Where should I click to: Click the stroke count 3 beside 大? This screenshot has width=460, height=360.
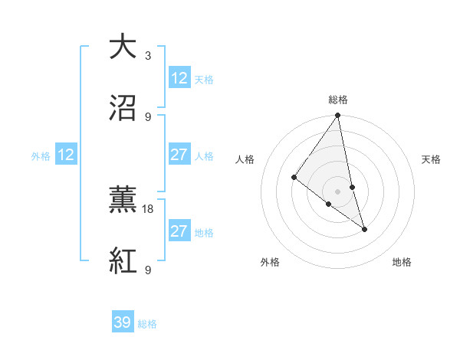pyautogui.click(x=148, y=55)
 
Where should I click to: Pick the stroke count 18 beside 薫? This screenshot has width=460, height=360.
pyautogui.click(x=149, y=208)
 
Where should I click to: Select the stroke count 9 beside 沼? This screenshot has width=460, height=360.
pyautogui.click(x=148, y=116)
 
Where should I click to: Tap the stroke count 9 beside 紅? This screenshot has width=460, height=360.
pyautogui.click(x=148, y=270)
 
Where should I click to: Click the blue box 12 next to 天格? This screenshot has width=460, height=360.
pyautogui.click(x=179, y=78)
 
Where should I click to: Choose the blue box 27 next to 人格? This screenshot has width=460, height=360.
pyautogui.click(x=179, y=155)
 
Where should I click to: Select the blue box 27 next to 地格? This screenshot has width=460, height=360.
pyautogui.click(x=179, y=231)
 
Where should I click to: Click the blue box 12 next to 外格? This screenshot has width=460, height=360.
pyautogui.click(x=66, y=155)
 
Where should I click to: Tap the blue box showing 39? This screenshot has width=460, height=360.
pyautogui.click(x=123, y=322)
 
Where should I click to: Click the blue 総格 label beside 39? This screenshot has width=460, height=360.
pyautogui.click(x=147, y=324)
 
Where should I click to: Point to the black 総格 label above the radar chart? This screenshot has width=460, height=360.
pyautogui.click(x=338, y=100)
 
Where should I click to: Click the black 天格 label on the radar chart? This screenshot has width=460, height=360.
pyautogui.click(x=432, y=159)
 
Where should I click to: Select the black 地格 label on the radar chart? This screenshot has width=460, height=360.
pyautogui.click(x=402, y=262)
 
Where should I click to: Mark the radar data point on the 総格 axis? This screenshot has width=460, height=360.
pyautogui.click(x=338, y=116)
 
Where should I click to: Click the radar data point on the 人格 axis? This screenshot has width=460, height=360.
pyautogui.click(x=294, y=177)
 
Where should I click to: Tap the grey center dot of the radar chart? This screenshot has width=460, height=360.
pyautogui.click(x=338, y=191)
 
